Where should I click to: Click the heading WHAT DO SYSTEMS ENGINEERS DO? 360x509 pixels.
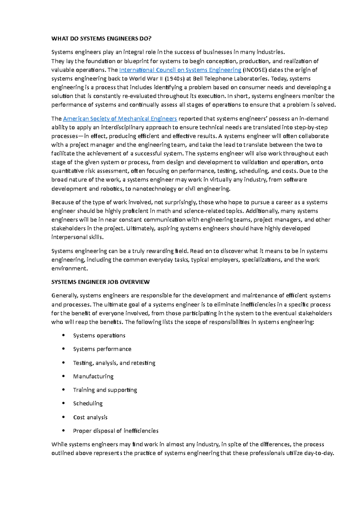101,38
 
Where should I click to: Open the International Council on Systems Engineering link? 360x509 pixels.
180,70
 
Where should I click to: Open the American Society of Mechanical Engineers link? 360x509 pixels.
120,118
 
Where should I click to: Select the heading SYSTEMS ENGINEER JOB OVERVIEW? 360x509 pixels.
100,282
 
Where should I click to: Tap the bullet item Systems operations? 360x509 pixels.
99,335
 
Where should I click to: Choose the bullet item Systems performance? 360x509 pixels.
102,349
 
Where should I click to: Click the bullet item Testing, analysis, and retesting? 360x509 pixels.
114,363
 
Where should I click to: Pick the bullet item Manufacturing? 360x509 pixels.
93,376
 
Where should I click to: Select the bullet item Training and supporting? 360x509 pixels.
105,390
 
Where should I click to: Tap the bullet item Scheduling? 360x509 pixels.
88,403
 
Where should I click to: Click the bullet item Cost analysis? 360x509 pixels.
90,417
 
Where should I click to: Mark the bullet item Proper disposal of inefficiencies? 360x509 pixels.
115,431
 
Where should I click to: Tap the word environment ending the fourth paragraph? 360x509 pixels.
69,268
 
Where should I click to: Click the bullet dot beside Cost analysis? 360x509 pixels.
63,417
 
